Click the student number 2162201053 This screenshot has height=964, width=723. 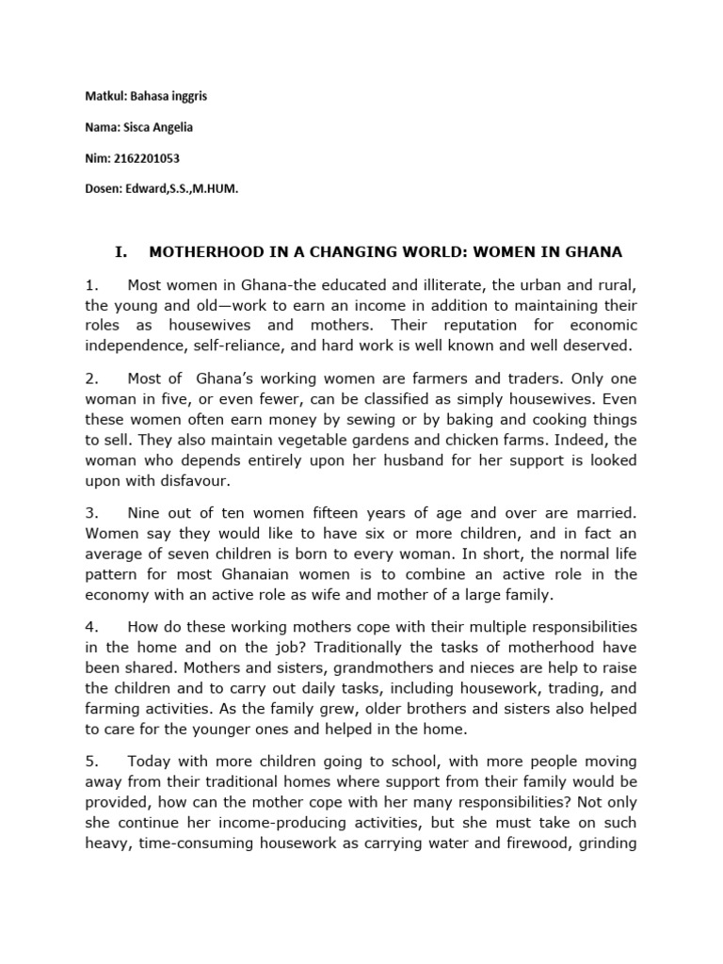coord(140,159)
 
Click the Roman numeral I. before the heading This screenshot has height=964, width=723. coord(120,252)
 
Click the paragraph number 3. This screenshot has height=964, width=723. coord(91,513)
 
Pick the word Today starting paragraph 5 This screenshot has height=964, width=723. coord(148,761)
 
